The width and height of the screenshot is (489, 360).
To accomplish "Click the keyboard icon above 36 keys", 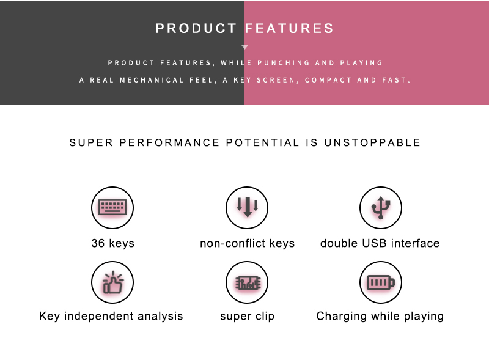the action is click(x=112, y=207).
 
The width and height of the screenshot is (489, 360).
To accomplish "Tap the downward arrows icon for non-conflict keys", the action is click(x=248, y=207).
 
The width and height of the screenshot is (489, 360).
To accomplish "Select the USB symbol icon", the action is click(x=381, y=207).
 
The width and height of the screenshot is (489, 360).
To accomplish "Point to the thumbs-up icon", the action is click(x=112, y=282).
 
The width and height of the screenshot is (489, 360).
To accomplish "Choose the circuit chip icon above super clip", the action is click(x=248, y=283).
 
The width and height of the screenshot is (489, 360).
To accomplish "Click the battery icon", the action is click(x=380, y=282).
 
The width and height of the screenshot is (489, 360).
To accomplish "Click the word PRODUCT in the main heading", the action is click(x=196, y=28).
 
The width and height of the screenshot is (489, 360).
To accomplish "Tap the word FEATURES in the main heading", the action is click(x=289, y=28).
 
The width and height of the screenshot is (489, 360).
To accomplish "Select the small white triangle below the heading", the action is click(x=245, y=47).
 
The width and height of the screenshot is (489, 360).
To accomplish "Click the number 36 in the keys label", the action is click(x=98, y=243).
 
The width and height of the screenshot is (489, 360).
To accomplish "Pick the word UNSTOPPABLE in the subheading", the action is click(x=372, y=142).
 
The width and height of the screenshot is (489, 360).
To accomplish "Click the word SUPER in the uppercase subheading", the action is click(x=90, y=142).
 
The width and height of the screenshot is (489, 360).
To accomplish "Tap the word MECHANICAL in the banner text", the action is click(x=152, y=80).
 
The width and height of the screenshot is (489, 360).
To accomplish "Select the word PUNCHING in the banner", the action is click(x=283, y=63).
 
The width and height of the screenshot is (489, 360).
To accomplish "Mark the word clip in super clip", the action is click(x=265, y=317).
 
